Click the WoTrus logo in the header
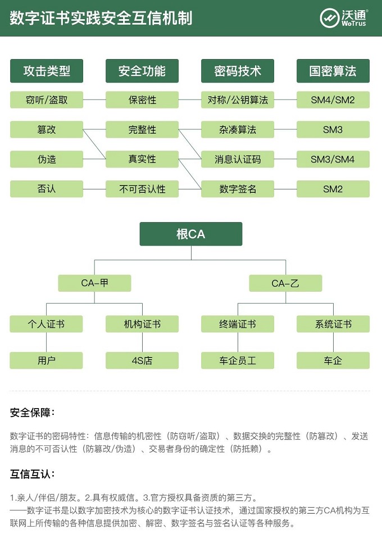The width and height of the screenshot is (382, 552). click(343, 17)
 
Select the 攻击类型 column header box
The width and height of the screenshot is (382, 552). click(47, 71)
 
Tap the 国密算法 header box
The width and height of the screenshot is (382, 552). click(333, 71)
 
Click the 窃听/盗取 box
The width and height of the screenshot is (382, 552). click(47, 100)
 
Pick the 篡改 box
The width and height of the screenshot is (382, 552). click(47, 130)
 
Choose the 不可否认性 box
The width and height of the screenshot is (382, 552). click(142, 189)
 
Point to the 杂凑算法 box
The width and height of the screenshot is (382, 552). click(238, 130)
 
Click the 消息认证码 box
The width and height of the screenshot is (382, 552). click(238, 160)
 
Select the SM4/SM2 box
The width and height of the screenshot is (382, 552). click(333, 100)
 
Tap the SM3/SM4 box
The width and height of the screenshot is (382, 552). click(333, 160)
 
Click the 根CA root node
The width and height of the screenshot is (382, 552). click(191, 234)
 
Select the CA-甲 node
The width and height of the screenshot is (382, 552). click(94, 283)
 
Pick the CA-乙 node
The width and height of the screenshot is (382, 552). click(285, 283)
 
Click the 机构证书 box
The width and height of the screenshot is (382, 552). click(142, 324)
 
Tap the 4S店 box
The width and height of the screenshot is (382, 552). click(142, 360)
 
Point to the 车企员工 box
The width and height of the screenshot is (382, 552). click(238, 360)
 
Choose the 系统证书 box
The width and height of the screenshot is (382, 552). click(333, 324)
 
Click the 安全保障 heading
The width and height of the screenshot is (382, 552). click(32, 413)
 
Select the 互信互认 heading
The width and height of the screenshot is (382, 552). click(32, 474)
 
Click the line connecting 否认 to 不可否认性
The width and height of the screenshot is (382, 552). click(94, 189)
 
